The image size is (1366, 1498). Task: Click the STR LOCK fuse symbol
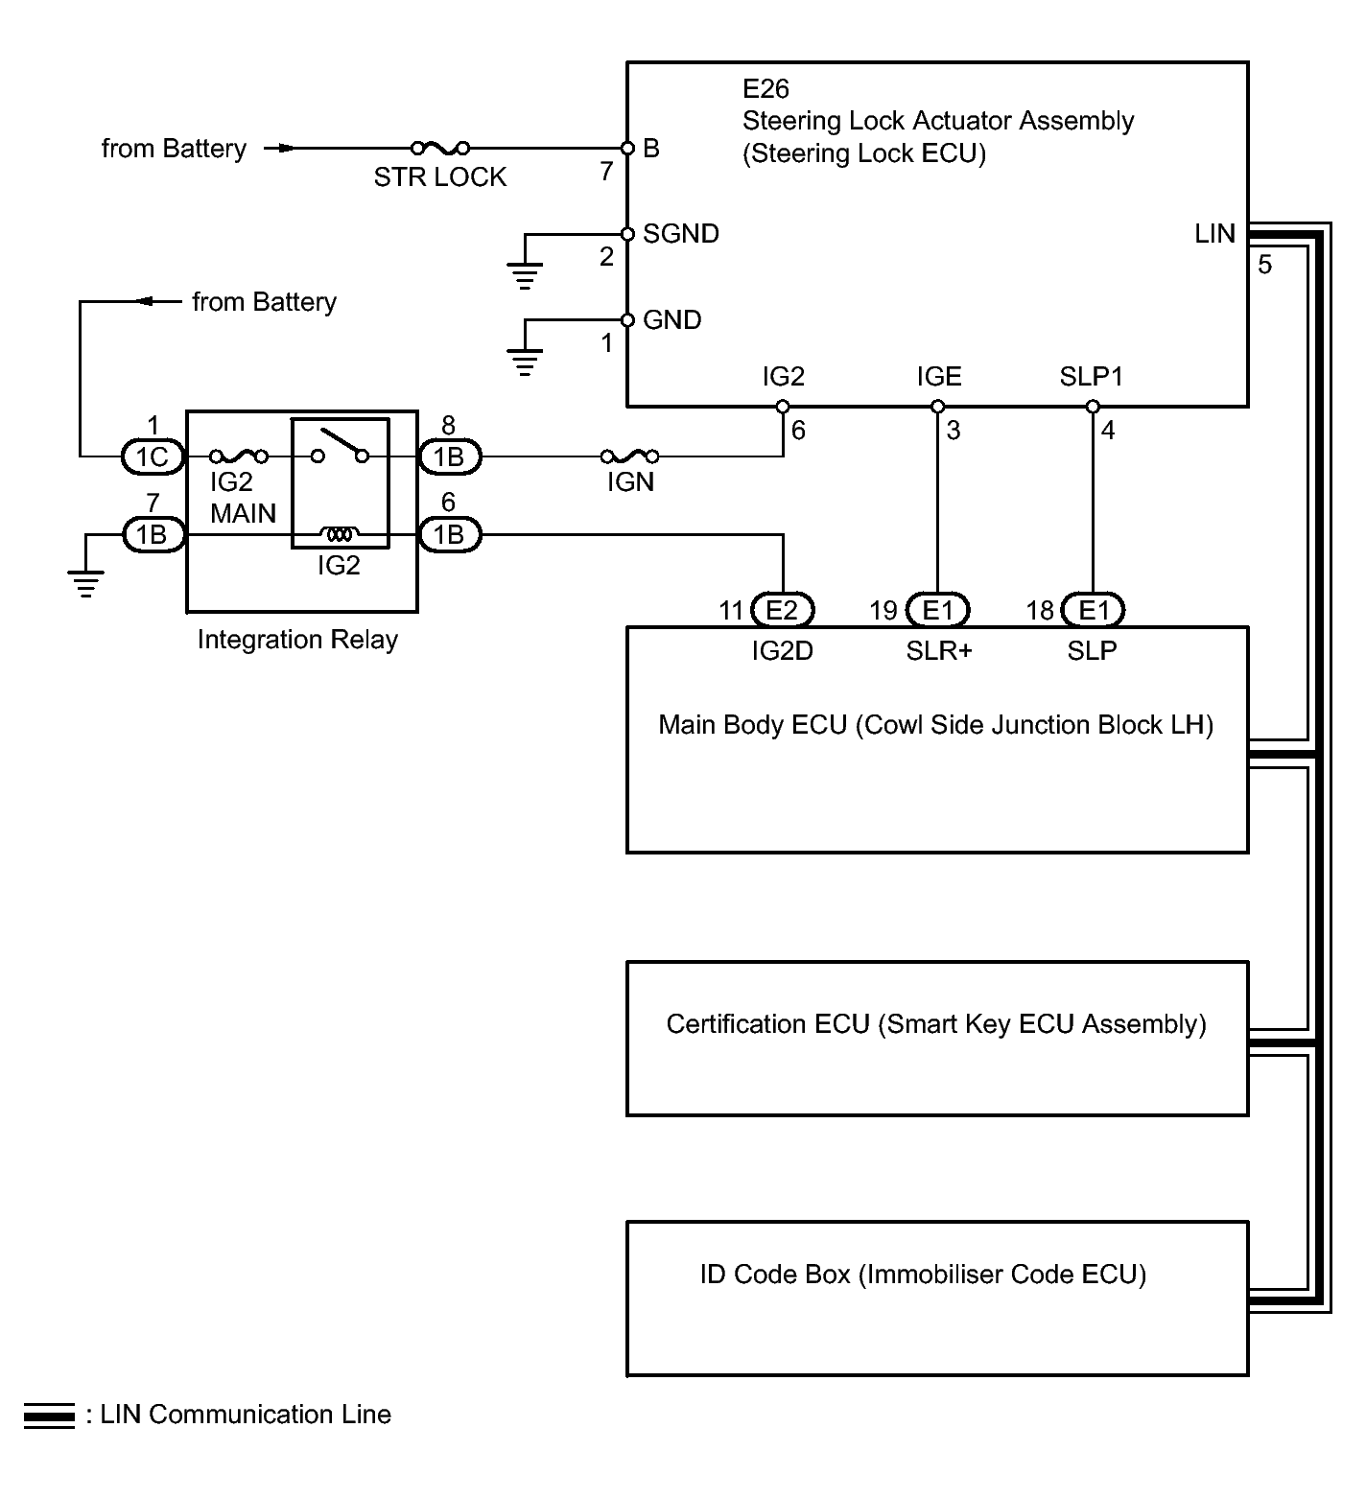pos(440,148)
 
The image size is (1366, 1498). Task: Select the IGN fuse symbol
pos(629,456)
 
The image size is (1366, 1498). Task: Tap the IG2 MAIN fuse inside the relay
pos(239,456)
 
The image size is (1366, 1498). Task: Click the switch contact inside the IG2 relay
pos(340,447)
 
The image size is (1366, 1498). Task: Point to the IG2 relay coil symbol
pos(339,533)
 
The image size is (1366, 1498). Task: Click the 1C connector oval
pos(152,457)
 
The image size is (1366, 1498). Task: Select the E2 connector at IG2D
pos(783,610)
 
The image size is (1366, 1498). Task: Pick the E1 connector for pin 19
pos(938,610)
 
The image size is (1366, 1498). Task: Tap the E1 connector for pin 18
pos(1094,610)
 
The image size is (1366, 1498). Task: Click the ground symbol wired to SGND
pos(525,275)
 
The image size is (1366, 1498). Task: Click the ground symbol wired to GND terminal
pos(525,363)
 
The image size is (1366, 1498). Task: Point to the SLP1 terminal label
pos(1091,377)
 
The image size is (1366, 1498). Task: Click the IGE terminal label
pos(938,377)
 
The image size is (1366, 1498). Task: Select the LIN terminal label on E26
pos(1214,234)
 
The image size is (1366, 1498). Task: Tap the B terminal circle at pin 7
pos(627,149)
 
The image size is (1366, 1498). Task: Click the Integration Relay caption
pos(297,640)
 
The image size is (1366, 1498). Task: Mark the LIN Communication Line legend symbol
pos(49,1416)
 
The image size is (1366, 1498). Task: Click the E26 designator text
pos(765,89)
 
